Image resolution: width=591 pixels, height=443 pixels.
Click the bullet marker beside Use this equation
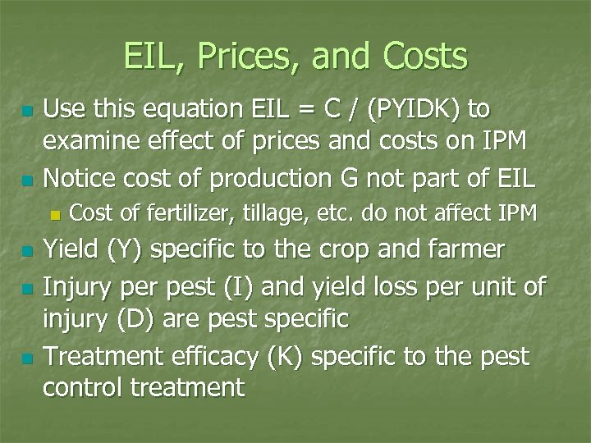click(27, 111)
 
